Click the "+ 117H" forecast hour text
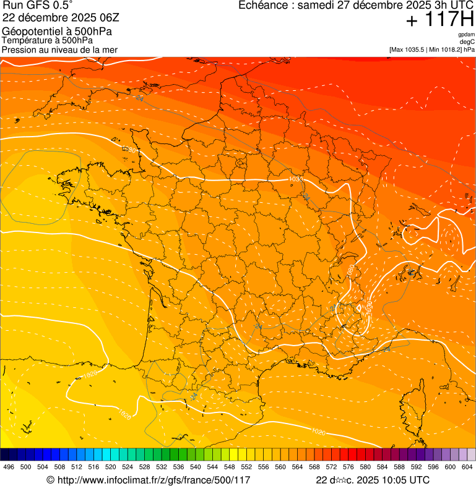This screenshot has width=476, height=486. point(439,20)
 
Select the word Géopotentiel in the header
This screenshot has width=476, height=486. point(28,31)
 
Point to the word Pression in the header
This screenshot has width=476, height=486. point(18,49)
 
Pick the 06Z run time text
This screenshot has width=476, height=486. point(100,17)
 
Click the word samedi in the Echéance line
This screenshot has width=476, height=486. point(315,6)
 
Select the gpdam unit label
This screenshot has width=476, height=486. point(466,35)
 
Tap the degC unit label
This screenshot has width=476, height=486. point(467,41)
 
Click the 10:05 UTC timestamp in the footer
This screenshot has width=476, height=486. point(401,480)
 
